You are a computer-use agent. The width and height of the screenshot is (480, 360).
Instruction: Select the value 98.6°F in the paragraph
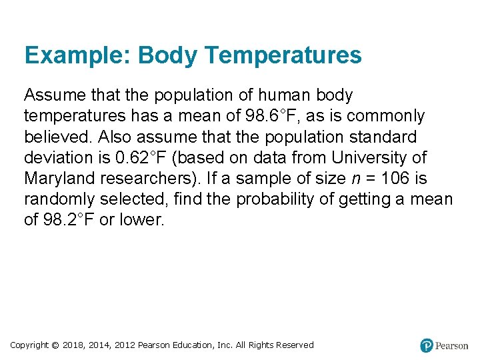click(265, 116)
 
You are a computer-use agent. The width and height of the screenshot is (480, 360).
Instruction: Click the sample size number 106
click(394, 178)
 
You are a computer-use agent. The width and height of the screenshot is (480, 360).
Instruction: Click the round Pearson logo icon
click(427, 345)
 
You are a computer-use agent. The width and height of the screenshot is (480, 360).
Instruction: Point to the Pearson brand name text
click(452, 345)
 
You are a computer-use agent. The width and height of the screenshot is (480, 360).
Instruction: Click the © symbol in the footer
click(56, 345)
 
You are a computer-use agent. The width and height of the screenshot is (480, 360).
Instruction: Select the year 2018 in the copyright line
click(73, 345)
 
